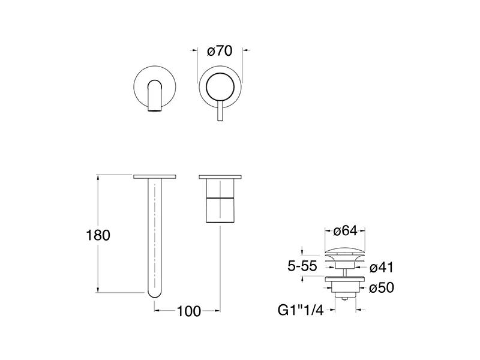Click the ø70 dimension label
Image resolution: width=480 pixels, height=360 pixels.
pos(220,51)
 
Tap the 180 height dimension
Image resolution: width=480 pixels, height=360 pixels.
pos(98,235)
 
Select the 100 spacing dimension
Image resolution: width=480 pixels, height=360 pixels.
pos(189,311)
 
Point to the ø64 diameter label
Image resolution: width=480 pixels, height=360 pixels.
pos(346,231)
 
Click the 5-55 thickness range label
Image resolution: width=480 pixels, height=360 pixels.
pos(302,266)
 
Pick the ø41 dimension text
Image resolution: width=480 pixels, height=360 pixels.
pos(382,268)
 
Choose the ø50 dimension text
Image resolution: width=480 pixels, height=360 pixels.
pos(382,288)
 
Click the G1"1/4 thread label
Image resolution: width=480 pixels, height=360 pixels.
pos(301,310)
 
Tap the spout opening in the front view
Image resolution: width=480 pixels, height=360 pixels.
pos(155,110)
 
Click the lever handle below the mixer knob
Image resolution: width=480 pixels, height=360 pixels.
pos(220,111)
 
